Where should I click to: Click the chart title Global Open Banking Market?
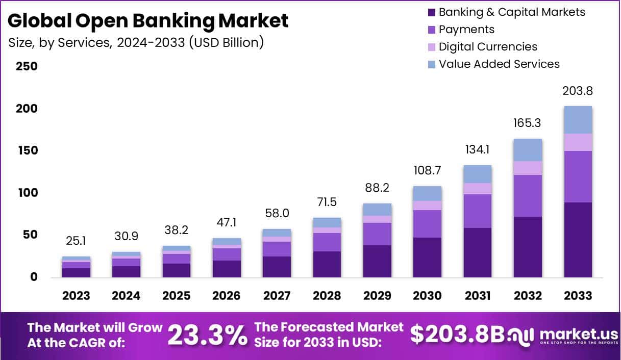[x=148, y=21]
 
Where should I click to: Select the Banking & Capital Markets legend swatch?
[x=432, y=12]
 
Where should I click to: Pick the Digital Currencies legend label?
[x=488, y=47]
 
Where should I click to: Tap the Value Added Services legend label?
[x=499, y=64]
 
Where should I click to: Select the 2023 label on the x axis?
[x=76, y=296]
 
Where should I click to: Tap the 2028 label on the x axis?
[x=327, y=296]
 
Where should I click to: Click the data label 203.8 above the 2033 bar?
[x=578, y=91]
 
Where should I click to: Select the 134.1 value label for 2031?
[x=477, y=150]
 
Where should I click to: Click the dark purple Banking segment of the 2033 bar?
[x=578, y=240]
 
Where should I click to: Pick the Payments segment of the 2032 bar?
[x=528, y=196]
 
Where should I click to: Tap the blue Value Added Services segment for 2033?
[x=578, y=120]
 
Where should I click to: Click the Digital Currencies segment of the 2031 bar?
[x=477, y=189]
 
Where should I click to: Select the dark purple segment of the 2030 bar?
[x=427, y=258]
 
